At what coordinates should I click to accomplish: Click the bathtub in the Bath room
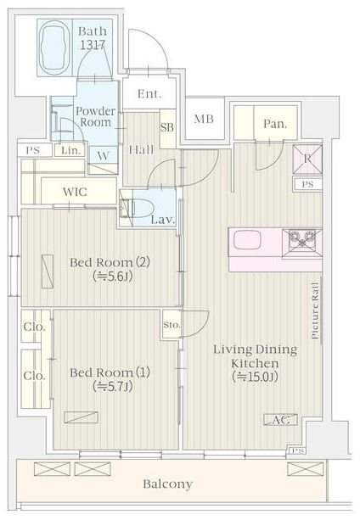[x=54, y=47]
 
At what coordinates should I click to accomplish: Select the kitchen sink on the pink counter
[x=246, y=240]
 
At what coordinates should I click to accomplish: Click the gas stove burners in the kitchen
[x=302, y=239]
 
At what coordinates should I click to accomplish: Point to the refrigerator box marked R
[x=307, y=159]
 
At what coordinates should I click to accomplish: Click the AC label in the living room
[x=281, y=420]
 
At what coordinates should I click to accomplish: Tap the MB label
[x=204, y=119]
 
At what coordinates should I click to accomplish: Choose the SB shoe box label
[x=167, y=127]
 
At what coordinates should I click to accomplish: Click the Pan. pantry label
[x=275, y=124]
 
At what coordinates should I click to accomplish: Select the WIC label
[x=75, y=192]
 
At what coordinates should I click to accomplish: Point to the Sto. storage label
[x=172, y=325]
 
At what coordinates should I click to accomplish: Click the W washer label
[x=104, y=155]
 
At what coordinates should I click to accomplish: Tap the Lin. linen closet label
[x=71, y=150]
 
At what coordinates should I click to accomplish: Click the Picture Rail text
[x=315, y=310]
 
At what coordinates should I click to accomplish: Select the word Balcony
[x=168, y=484]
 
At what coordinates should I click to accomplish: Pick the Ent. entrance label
[x=149, y=94]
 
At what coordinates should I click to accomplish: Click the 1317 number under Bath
[x=93, y=45]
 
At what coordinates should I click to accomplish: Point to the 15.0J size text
[x=255, y=377]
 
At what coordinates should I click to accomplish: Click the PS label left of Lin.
[x=33, y=150]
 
